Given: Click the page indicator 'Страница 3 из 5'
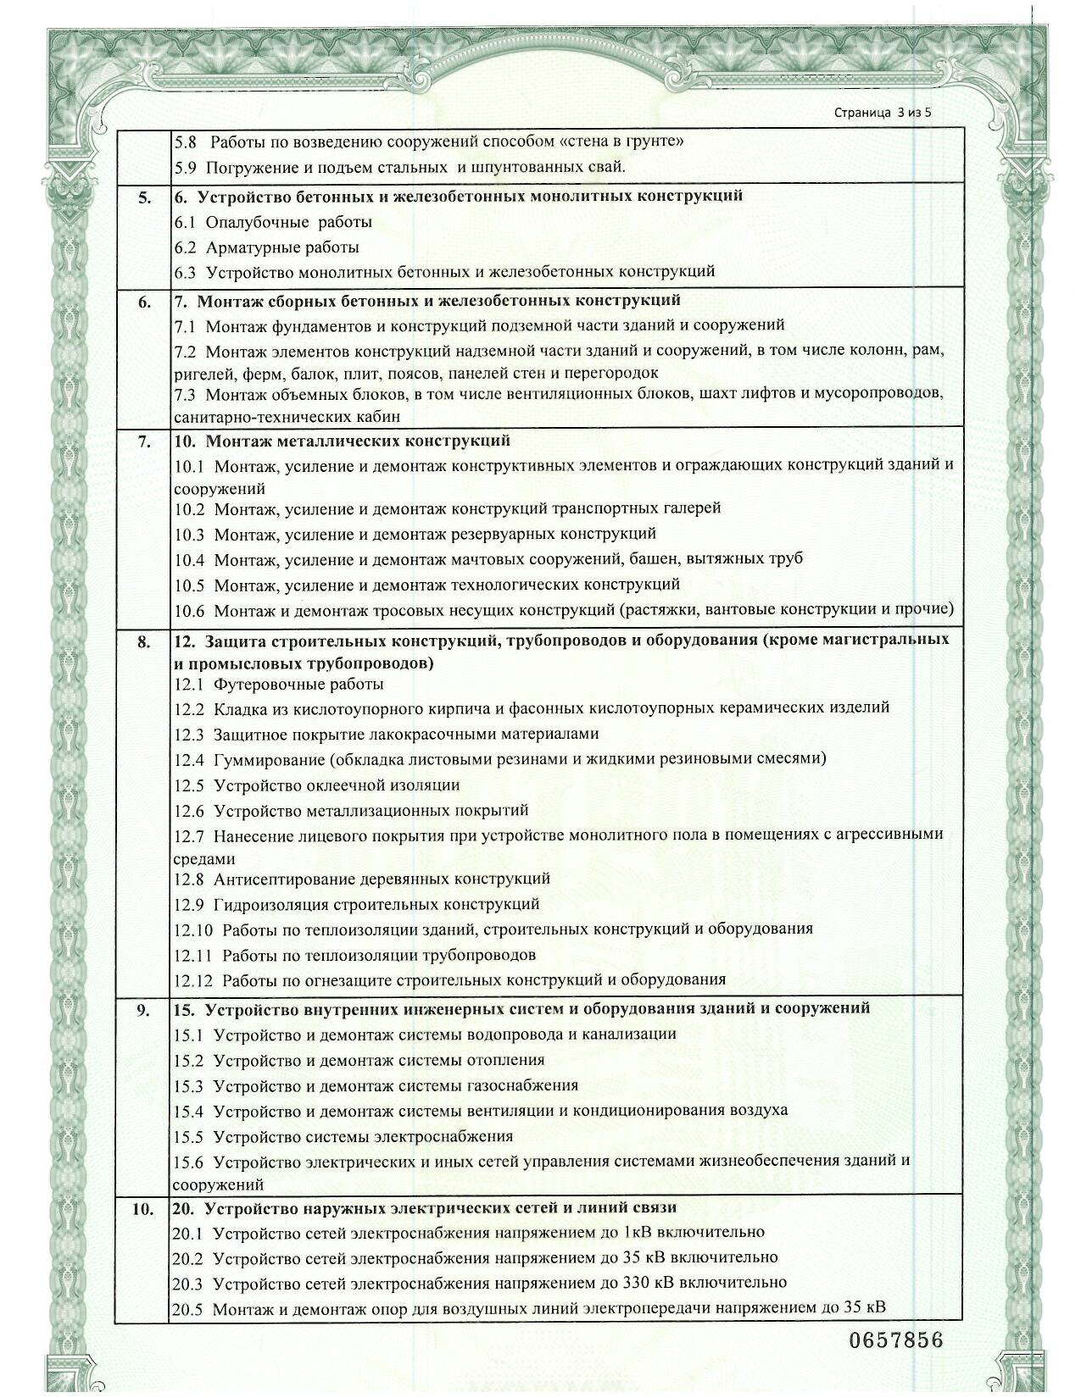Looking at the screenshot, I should (883, 112).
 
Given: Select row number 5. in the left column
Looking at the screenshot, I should (145, 197).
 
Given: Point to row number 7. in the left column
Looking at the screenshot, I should (145, 441).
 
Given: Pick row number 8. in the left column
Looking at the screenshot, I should (145, 641).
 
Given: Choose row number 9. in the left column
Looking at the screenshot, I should (145, 1010).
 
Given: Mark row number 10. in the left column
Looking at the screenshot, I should (142, 1209).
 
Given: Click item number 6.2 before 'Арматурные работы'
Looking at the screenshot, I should (185, 247).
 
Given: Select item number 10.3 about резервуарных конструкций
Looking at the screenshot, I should (189, 535).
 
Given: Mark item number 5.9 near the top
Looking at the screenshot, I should (185, 167).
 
